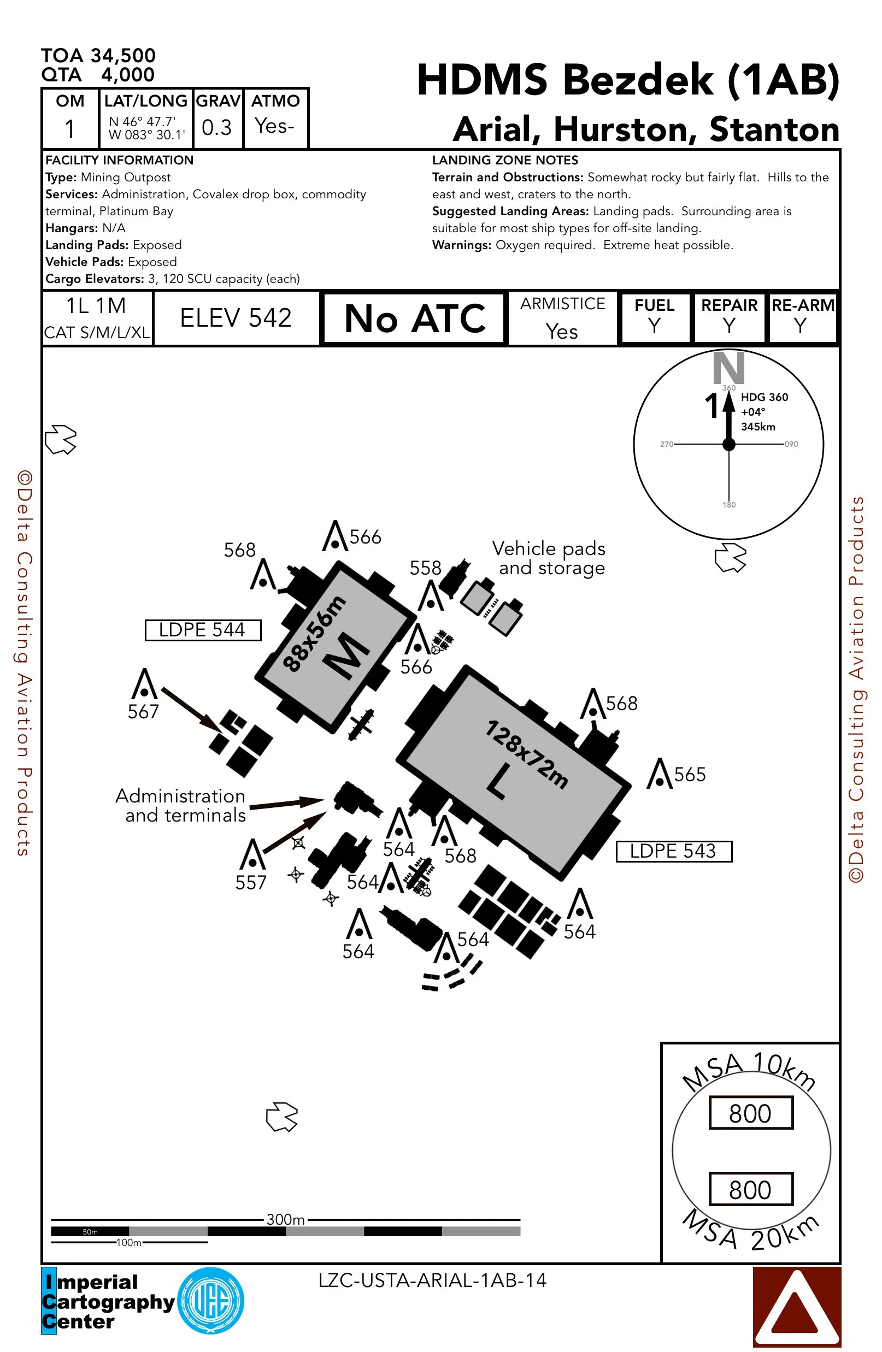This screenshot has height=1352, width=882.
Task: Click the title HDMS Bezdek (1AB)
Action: click(x=628, y=80)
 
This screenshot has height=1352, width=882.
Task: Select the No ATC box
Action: click(x=414, y=318)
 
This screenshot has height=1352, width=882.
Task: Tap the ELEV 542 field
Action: click(x=236, y=317)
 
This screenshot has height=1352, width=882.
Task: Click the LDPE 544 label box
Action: click(x=203, y=630)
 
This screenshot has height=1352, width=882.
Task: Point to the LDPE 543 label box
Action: click(x=674, y=851)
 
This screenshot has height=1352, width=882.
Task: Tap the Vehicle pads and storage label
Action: click(x=549, y=558)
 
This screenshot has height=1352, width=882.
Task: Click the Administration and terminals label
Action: click(x=181, y=806)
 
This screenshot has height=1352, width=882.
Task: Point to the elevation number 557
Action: click(x=251, y=882)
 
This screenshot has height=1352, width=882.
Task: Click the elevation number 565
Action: click(x=690, y=774)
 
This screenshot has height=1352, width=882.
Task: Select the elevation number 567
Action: click(x=143, y=711)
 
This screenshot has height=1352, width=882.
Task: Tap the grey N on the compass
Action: click(x=728, y=368)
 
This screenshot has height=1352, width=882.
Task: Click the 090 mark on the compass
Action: click(x=791, y=444)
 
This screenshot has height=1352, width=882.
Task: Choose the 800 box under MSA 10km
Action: click(x=750, y=1113)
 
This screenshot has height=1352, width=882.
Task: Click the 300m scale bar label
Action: click(x=286, y=1219)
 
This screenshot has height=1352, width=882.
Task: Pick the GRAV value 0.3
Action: click(x=216, y=127)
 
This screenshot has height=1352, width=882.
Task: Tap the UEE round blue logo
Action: click(x=211, y=1300)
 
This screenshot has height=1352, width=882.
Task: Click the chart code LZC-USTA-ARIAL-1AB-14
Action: click(x=432, y=1280)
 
